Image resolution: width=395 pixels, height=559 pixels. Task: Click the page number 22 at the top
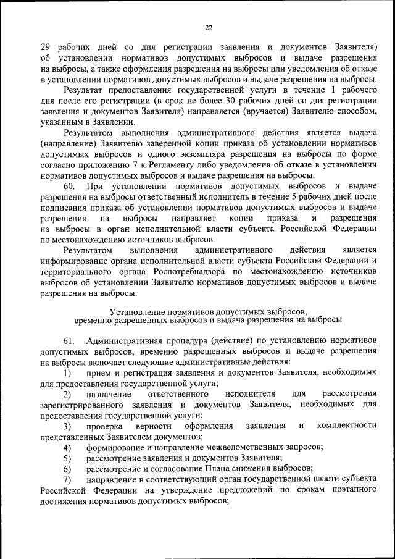coord(208,27)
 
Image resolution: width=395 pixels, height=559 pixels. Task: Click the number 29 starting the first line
coord(45,47)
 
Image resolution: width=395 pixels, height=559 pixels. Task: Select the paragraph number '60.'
coord(70,186)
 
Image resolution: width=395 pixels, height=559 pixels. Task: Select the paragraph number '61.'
coord(69,341)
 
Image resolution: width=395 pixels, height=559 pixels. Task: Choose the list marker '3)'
coord(66,426)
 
